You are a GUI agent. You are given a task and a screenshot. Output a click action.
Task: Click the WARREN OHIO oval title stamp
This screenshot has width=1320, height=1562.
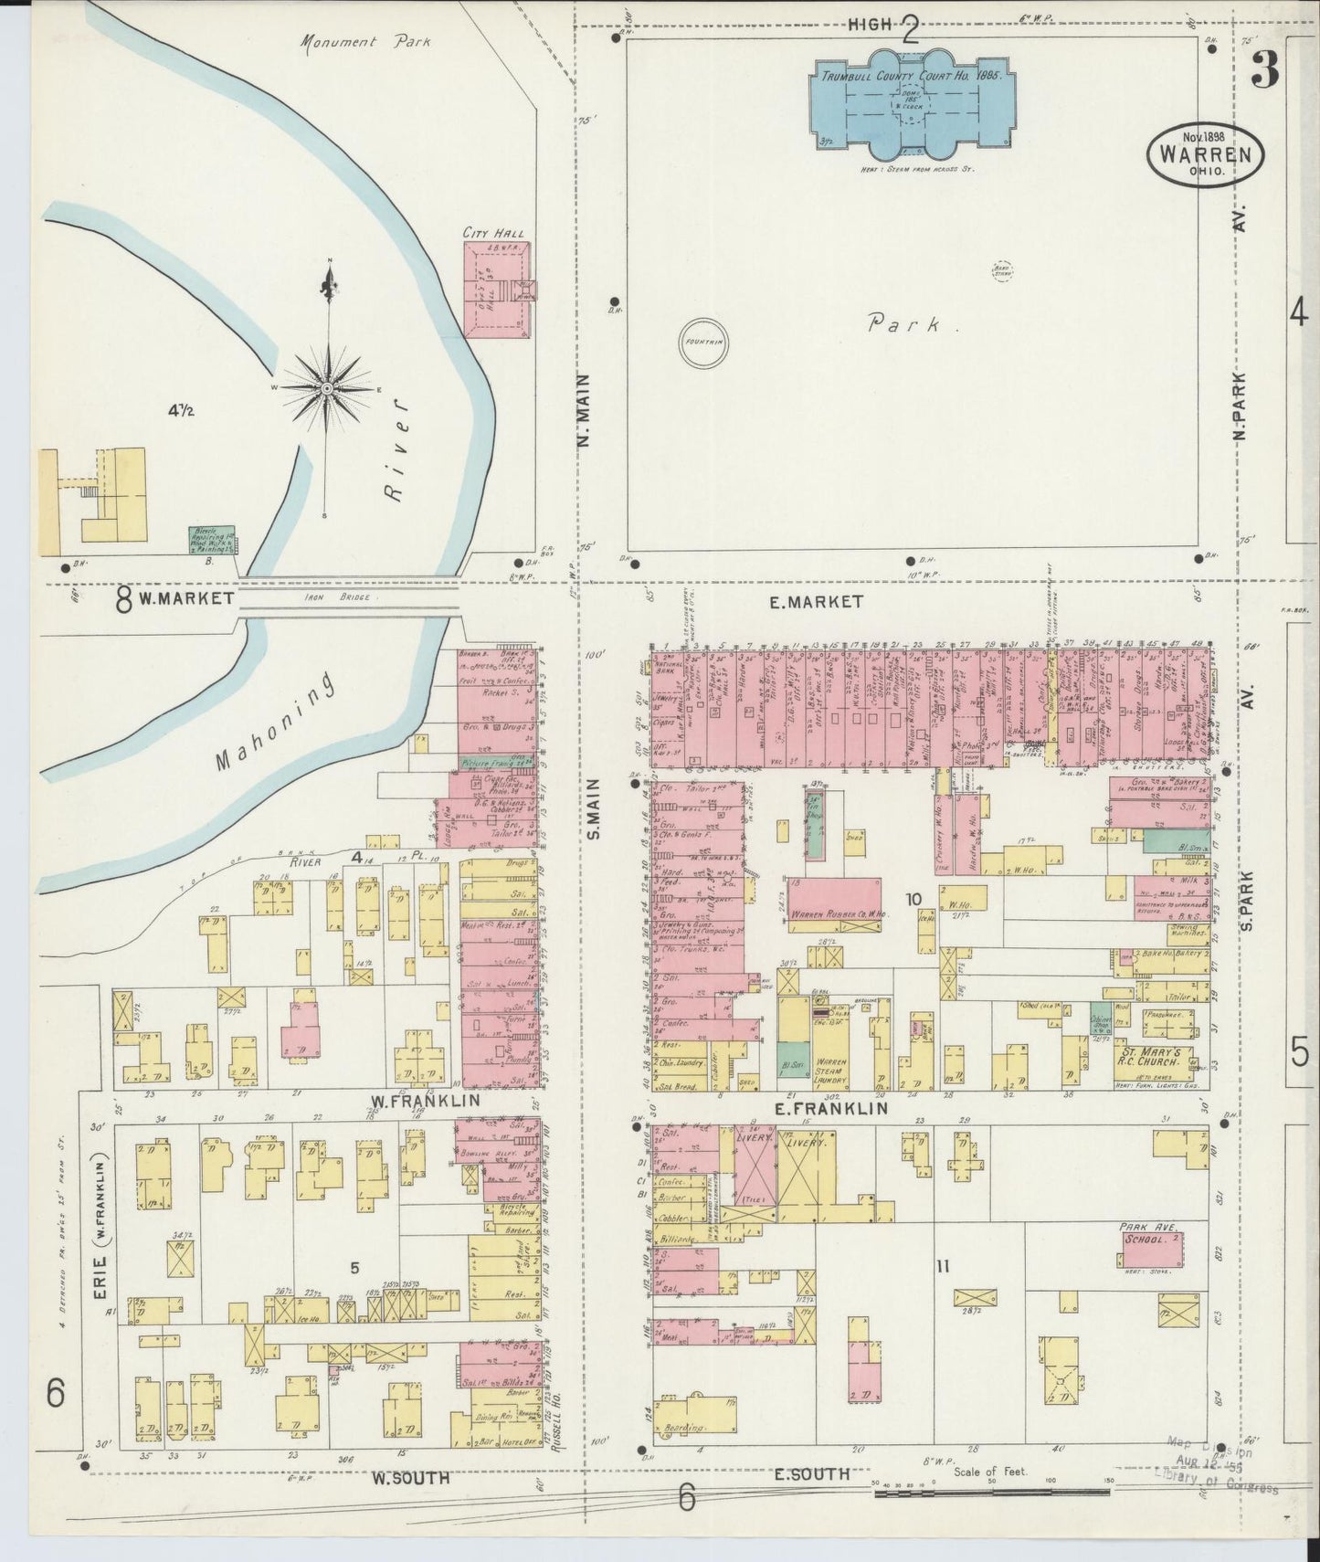1206,153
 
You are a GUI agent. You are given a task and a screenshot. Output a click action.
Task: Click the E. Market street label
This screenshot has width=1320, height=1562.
828,601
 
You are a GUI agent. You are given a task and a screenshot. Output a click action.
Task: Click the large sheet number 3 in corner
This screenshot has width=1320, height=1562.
1265,69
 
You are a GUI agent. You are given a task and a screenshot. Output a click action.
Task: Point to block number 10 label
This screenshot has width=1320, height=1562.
913,899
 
